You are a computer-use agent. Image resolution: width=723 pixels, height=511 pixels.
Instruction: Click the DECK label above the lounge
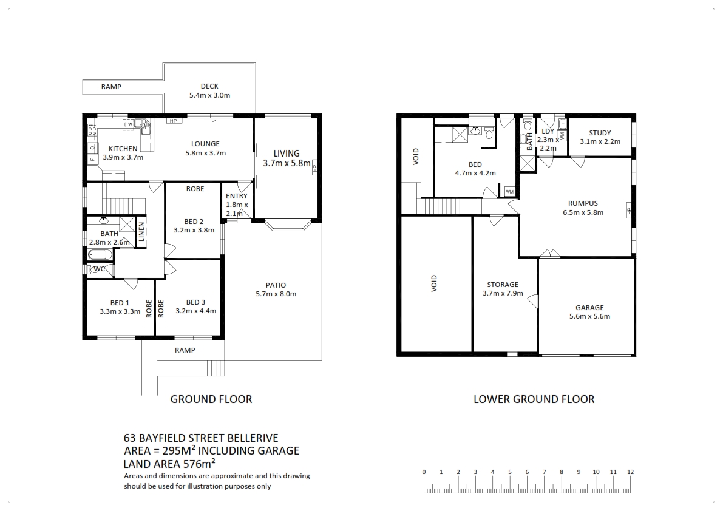pos(209,86)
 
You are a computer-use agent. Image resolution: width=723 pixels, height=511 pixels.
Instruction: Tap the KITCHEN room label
pos(123,148)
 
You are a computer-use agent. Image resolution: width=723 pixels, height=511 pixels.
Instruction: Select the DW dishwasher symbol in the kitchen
pos(128,124)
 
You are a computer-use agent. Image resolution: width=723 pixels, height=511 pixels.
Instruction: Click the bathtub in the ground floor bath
pos(100,254)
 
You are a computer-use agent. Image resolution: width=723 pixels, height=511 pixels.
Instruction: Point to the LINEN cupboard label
pos(141,232)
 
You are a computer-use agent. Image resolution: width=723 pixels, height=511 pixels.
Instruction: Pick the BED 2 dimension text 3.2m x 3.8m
pos(194,230)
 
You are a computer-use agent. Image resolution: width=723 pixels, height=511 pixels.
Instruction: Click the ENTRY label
pos(237,196)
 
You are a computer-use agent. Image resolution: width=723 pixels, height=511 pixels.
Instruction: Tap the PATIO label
pos(276,285)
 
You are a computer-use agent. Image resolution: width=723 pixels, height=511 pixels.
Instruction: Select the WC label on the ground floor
pos(99,269)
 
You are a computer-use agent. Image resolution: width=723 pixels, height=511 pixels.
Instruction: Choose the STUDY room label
pos(600,133)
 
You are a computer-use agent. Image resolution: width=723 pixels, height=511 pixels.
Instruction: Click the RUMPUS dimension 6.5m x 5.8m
pos(583,212)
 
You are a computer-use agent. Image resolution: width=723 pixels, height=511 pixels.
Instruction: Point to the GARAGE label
pos(589,307)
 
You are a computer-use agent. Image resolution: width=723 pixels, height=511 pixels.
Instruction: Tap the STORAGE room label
pos(503,284)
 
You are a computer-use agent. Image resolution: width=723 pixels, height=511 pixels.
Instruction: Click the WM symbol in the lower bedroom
pos(509,192)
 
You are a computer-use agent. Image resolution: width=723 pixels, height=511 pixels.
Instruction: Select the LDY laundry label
pos(548,131)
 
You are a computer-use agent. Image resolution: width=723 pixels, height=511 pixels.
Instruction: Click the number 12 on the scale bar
pos(630,472)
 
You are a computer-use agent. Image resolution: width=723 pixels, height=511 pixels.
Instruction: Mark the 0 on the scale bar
pos(424,472)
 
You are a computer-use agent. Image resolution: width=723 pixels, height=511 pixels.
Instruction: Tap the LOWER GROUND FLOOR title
pos(534,399)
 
